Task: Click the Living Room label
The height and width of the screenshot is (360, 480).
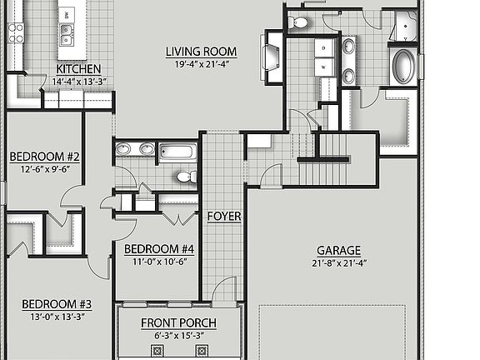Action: (x=201, y=52)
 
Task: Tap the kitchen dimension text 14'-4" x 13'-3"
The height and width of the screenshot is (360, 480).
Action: (x=78, y=82)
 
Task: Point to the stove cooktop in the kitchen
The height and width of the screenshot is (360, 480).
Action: (x=15, y=32)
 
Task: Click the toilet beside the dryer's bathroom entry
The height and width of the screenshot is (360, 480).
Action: (x=300, y=22)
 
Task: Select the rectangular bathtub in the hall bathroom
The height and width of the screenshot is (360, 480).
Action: (x=177, y=152)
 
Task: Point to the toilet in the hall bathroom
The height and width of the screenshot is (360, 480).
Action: (x=187, y=177)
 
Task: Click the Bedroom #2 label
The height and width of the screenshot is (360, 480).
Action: (x=44, y=156)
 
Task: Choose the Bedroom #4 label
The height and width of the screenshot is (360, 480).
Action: (x=158, y=248)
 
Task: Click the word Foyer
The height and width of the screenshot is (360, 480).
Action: (x=224, y=217)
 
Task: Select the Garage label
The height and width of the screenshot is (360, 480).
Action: (x=338, y=250)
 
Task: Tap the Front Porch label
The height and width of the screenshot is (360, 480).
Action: (x=178, y=323)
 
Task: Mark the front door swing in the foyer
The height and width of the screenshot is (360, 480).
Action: (x=223, y=290)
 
